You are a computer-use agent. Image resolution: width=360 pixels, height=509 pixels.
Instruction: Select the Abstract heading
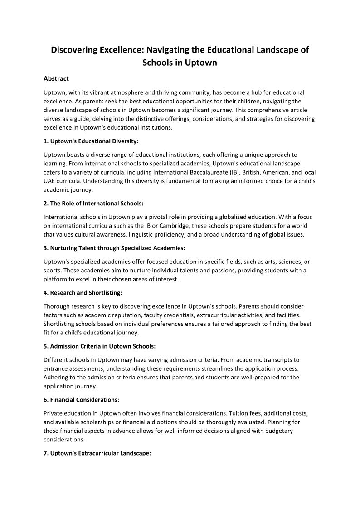(x=56, y=79)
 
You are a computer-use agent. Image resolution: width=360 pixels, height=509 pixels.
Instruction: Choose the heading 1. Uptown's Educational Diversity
(x=91, y=141)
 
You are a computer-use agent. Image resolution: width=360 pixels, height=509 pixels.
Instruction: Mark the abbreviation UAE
(x=50, y=181)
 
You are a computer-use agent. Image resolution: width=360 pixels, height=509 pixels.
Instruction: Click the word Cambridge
(x=193, y=226)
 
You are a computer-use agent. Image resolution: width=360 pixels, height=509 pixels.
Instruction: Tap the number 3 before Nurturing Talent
(x=46, y=248)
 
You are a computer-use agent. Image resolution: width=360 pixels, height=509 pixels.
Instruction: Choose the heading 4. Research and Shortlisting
(x=83, y=293)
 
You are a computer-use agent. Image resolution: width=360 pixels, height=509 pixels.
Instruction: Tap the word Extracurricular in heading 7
(x=99, y=453)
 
